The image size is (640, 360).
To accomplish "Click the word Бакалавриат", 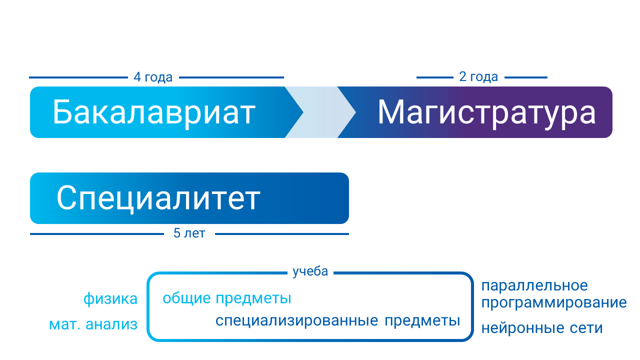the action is coord(154,113).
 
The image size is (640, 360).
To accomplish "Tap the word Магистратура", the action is coord(486,113).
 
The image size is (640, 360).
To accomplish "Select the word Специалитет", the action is coord(158,199).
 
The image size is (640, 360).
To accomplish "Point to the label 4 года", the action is coord(153,77).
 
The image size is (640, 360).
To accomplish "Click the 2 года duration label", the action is coord(478,76).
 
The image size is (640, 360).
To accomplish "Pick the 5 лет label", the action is coord(189,233).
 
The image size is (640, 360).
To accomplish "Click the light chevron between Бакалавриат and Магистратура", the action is coord(320,112).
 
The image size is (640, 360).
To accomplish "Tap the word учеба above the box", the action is coord(310,271).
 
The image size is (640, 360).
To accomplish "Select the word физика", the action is coord(110,299).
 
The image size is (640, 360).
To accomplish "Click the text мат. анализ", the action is coord(93,324).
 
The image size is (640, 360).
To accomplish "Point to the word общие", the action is coord(187,298).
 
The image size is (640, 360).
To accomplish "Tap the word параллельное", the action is coord(534,285).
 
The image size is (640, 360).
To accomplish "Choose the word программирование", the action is coord(554,303).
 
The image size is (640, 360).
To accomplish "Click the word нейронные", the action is coord(523,328).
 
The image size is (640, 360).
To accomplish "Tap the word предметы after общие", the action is coord(253,299).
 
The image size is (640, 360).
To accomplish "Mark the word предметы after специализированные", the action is coord(422,321).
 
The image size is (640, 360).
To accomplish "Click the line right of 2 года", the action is coord(526,77).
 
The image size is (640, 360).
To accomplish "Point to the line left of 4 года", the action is coord(78,77).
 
